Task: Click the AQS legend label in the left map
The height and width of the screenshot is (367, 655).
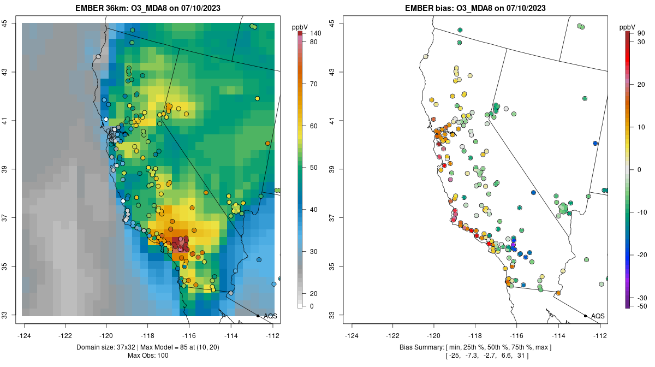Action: [270, 316]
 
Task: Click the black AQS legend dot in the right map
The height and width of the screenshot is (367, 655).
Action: [585, 316]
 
